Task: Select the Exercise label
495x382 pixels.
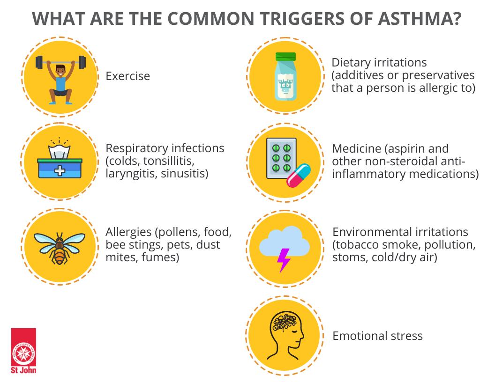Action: pos(127,76)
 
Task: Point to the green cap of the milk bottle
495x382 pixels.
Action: pos(285,57)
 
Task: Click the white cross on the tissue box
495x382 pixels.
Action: pos(60,170)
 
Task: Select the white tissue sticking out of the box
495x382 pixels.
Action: pos(59,151)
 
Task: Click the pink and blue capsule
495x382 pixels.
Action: pos(298,176)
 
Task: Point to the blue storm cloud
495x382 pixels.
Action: pos(285,241)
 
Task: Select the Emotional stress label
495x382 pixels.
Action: pos(377,336)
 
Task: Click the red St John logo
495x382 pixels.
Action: pos(24,351)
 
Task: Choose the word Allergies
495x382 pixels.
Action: pos(128,233)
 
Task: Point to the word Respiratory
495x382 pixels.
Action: pos(134,149)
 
